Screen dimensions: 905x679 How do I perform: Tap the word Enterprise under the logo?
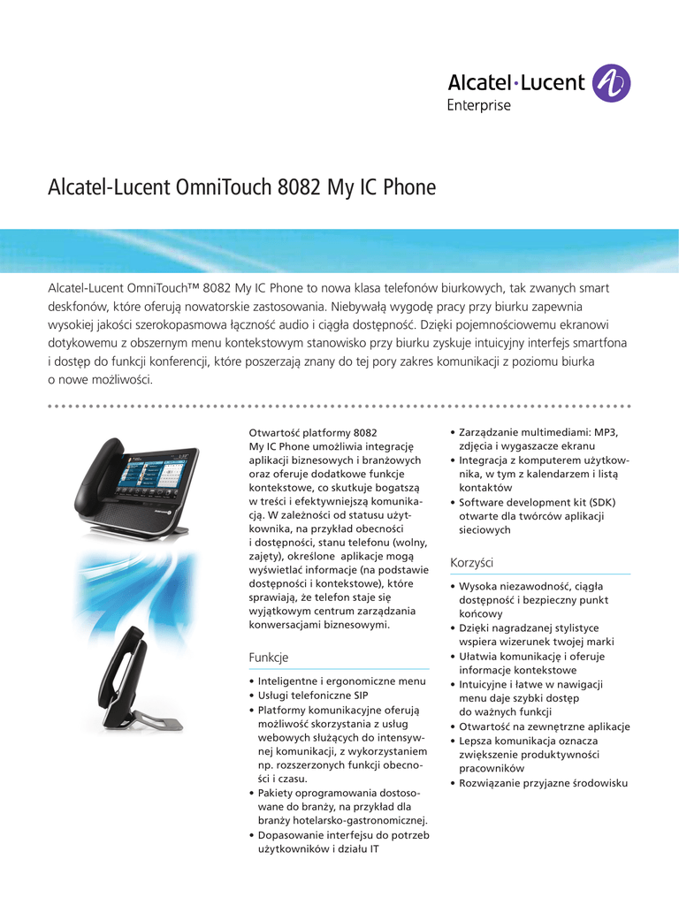click(477, 106)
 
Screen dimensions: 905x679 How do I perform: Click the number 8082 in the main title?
click(300, 188)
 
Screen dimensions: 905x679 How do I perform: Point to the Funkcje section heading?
click(269, 658)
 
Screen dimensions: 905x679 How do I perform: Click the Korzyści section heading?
click(471, 562)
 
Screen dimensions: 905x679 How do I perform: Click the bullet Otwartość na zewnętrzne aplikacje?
click(545, 726)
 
